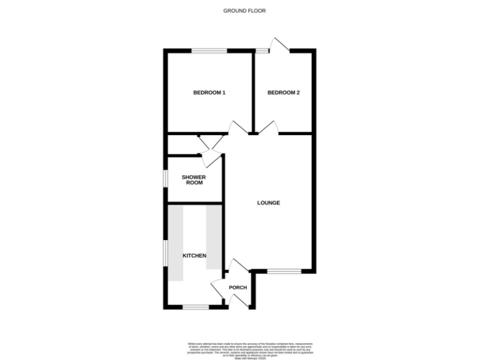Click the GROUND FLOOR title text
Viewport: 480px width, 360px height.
[240, 11]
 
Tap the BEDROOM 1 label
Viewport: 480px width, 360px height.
[209, 93]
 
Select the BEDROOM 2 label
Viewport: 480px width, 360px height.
[283, 93]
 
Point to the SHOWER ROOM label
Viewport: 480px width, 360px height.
[194, 180]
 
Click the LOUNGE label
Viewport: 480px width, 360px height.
[269, 203]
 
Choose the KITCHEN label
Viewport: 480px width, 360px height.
[194, 256]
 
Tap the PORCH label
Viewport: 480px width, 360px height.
[238, 287]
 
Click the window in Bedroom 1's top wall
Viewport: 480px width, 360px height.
[209, 51]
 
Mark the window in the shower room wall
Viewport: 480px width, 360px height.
[166, 177]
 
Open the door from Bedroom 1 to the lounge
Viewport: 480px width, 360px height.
[236, 127]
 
